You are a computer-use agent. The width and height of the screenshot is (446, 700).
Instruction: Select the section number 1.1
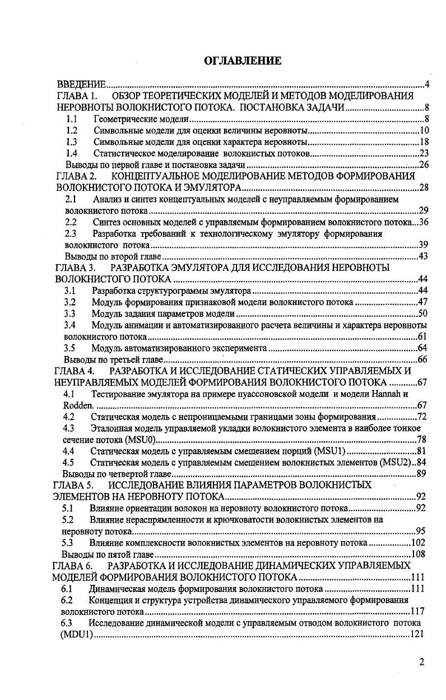71,119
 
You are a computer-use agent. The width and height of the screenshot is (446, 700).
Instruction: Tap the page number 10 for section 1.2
424,130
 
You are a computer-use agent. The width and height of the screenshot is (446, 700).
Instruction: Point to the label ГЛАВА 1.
77,97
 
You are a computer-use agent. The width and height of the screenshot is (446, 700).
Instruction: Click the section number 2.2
71,222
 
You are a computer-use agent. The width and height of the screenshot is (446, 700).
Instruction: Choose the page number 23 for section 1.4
424,153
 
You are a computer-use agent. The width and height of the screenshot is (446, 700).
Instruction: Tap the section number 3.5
70,347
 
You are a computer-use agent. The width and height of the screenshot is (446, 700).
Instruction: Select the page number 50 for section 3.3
423,313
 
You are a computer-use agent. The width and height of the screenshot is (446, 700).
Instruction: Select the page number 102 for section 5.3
417,542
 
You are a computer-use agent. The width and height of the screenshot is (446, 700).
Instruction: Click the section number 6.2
67,600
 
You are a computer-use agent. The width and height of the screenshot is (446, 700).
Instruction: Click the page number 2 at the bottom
421,663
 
